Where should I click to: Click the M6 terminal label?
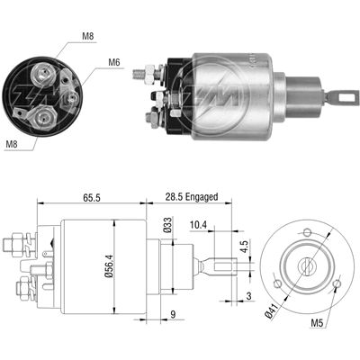114,63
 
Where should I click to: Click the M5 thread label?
317,323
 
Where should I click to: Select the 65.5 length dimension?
92,197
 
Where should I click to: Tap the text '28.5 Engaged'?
192,197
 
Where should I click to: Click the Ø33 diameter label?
168,226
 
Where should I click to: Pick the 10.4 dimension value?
198,225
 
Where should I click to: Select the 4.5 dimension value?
246,246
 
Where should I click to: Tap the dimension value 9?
173,314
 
